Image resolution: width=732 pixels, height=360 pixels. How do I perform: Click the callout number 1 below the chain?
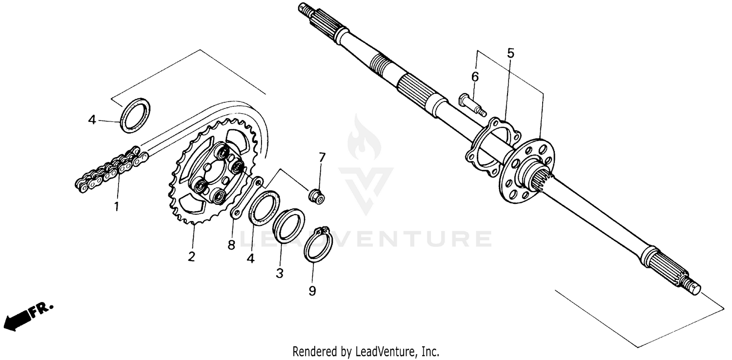pyautogui.click(x=116, y=207)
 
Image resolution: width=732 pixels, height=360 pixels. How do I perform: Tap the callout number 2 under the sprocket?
pyautogui.click(x=191, y=257)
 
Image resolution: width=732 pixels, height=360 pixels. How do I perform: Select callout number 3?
pyautogui.click(x=280, y=273)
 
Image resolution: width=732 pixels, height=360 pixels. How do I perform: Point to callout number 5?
pyautogui.click(x=510, y=53)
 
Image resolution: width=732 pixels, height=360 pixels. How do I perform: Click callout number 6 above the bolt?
pyautogui.click(x=475, y=77)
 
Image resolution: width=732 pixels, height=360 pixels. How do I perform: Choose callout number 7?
pyautogui.click(x=322, y=158)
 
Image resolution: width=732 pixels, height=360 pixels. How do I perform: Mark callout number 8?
pyautogui.click(x=231, y=244)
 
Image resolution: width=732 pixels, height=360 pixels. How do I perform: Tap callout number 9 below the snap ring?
pyautogui.click(x=312, y=291)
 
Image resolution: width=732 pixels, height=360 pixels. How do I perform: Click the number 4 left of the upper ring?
pyautogui.click(x=92, y=119)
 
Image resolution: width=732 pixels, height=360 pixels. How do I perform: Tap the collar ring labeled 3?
pyautogui.click(x=288, y=225)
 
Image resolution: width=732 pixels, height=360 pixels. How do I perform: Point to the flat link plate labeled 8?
pyautogui.click(x=246, y=199)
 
